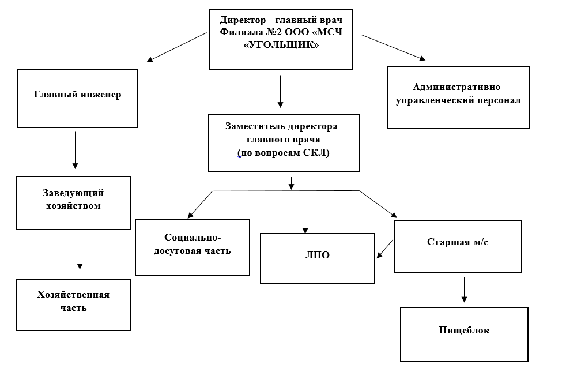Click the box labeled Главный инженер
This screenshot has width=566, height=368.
click(x=77, y=98)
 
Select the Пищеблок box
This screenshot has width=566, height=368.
click(x=463, y=333)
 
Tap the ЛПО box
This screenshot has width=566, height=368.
click(x=317, y=258)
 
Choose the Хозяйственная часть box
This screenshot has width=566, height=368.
click(x=73, y=304)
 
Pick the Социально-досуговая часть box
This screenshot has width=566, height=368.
click(x=192, y=247)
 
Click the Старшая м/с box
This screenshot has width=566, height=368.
click(x=458, y=246)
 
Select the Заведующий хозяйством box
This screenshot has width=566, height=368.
click(x=73, y=202)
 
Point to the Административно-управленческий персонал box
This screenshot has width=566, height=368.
click(x=458, y=97)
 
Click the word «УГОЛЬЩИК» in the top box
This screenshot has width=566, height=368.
click(x=281, y=45)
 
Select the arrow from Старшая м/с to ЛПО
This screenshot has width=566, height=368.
click(x=384, y=249)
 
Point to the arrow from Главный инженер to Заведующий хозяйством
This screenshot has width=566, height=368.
click(x=76, y=149)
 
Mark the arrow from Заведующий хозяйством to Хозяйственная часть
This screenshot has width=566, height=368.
click(x=80, y=252)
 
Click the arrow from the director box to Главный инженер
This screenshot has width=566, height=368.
click(x=176, y=47)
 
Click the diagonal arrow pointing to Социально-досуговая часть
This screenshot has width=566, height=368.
click(x=200, y=202)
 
